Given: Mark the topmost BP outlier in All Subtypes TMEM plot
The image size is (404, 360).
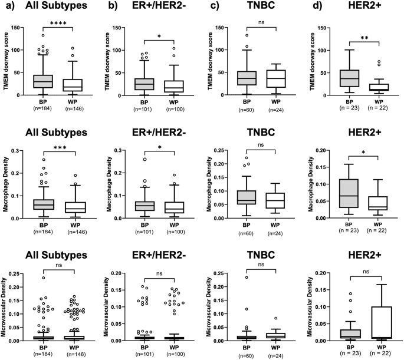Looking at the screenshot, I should click(42, 35).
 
